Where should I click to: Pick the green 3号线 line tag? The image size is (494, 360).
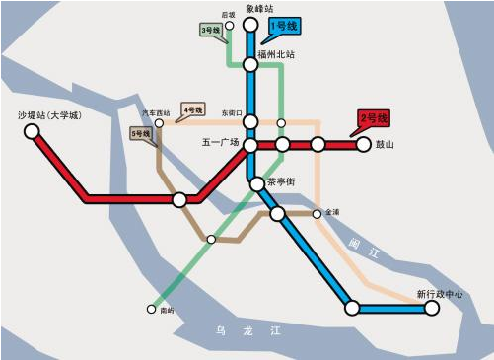(210, 31)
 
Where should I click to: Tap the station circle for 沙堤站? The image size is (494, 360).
(32, 130)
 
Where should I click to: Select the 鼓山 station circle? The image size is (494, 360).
(363, 145)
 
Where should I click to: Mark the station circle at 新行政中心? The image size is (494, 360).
(431, 309)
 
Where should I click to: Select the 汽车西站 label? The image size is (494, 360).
(156, 112)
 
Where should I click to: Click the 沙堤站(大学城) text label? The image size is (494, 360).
(49, 114)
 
